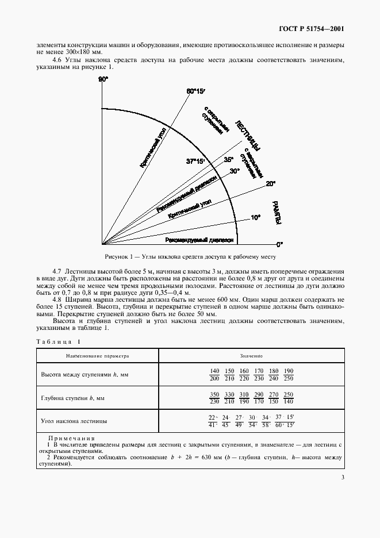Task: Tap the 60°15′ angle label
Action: (x=196, y=91)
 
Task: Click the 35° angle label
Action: (x=229, y=160)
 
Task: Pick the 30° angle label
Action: (x=235, y=171)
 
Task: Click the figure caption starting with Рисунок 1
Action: (x=190, y=256)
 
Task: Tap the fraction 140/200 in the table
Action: (x=215, y=374)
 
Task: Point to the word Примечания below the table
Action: (x=68, y=438)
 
